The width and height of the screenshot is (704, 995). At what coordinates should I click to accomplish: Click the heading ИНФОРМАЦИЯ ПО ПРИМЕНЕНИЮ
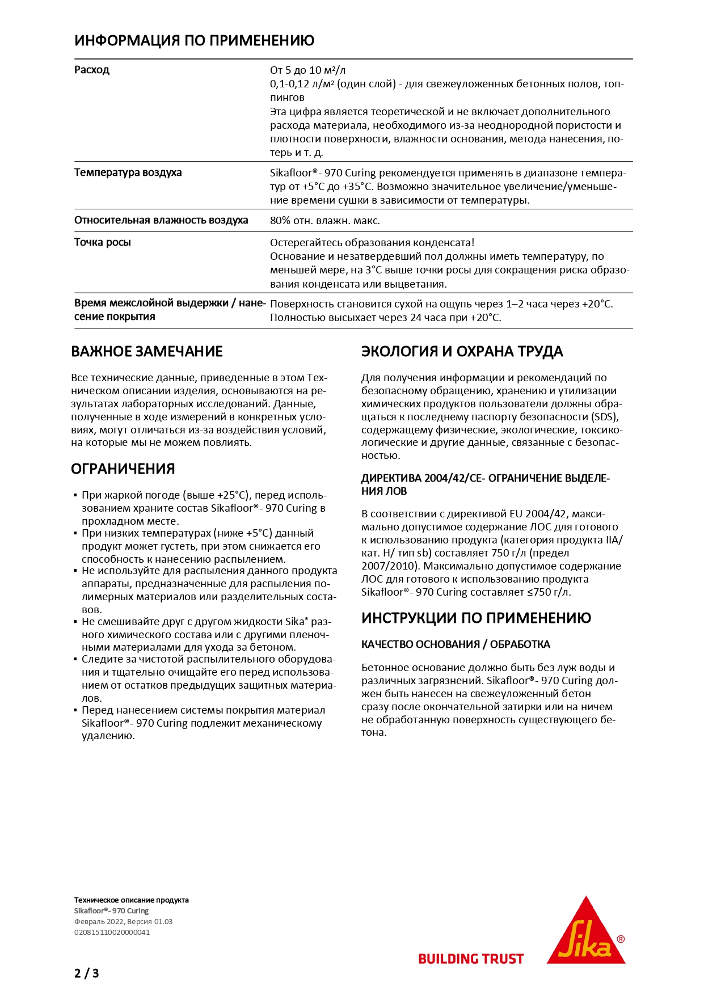pos(194,41)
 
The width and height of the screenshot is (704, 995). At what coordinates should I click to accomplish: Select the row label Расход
pos(92,70)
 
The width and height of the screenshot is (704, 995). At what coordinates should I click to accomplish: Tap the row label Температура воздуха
pos(128,172)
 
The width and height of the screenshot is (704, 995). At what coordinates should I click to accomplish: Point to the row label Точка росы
pos(103,242)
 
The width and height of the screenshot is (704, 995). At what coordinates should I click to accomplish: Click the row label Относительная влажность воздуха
pos(161,220)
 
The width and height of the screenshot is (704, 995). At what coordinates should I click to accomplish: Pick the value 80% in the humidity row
pos(280,221)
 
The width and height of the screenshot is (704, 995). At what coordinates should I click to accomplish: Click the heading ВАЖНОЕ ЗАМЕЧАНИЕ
pos(147,352)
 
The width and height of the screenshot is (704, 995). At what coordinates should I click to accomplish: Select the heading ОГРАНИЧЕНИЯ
pos(123,469)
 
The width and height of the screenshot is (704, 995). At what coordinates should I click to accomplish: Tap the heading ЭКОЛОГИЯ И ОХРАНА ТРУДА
pos(462,352)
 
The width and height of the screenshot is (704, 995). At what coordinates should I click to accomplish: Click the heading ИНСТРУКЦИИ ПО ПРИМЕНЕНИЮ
pos(476,618)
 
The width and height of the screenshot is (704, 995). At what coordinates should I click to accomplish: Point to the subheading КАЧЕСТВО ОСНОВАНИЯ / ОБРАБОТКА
pos(456,644)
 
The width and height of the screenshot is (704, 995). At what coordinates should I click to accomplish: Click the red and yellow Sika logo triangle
pos(585,933)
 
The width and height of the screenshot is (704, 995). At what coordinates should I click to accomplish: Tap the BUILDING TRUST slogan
pos(471,959)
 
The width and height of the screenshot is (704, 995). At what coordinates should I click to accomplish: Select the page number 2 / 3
pos(87,973)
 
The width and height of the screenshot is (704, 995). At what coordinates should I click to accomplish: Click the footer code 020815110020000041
pos(112,932)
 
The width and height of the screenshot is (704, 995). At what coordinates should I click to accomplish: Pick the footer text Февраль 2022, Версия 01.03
pos(123,921)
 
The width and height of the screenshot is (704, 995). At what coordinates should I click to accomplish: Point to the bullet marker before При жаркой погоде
pos(75,495)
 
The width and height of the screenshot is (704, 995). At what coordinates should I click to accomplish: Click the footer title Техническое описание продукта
pos(132,900)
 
